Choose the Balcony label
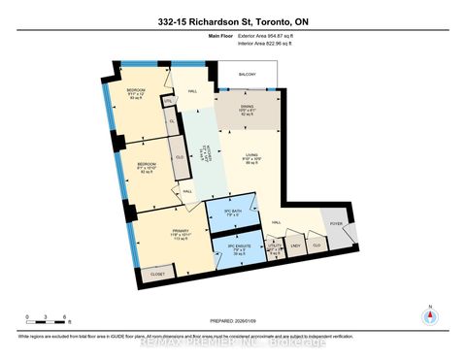[x=250, y=75]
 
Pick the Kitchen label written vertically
[x=201, y=154]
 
